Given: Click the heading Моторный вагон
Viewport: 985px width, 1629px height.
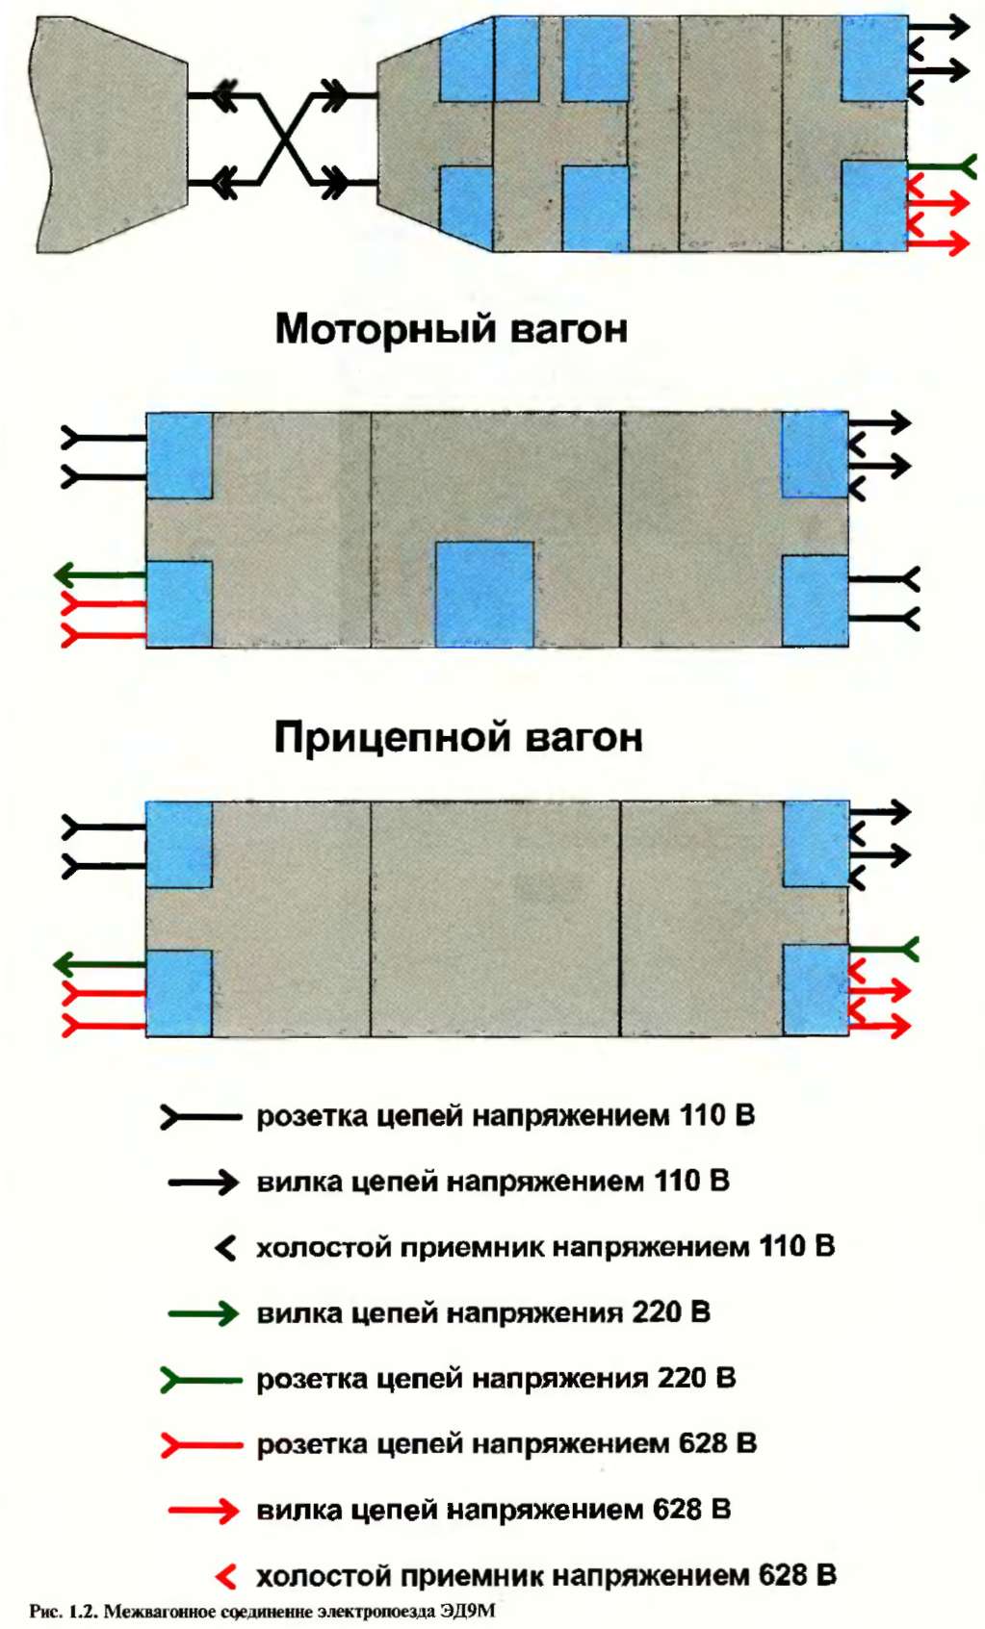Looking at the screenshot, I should pos(451,329).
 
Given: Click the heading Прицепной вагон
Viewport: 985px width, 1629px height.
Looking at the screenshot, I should pos(457,738).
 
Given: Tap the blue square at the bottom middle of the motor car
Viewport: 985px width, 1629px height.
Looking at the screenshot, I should pos(484,594).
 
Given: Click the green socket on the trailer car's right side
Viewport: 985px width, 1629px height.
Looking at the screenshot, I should pos(884,950).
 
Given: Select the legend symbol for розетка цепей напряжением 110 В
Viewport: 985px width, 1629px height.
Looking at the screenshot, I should pos(200,1117).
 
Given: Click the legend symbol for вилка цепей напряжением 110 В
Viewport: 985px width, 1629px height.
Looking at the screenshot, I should pos(203,1183).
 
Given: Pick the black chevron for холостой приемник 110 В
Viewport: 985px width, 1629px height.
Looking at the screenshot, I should pos(225,1248).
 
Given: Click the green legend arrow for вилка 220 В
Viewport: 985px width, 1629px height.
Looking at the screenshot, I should pos(203,1313).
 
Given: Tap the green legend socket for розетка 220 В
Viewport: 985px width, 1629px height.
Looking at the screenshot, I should pos(200,1380).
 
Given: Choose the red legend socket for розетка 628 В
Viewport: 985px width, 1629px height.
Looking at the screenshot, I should pos(200,1445).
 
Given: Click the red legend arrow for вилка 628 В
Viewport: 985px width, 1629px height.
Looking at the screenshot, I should pos(203,1511).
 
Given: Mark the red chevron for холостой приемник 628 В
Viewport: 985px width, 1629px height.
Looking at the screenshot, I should pos(225,1576).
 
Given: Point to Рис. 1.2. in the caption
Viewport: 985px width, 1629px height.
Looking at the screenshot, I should pos(63,1611).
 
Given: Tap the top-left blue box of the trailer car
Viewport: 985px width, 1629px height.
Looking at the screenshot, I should pos(179,844).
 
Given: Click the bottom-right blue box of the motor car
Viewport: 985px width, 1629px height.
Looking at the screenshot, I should pos(815,600).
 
